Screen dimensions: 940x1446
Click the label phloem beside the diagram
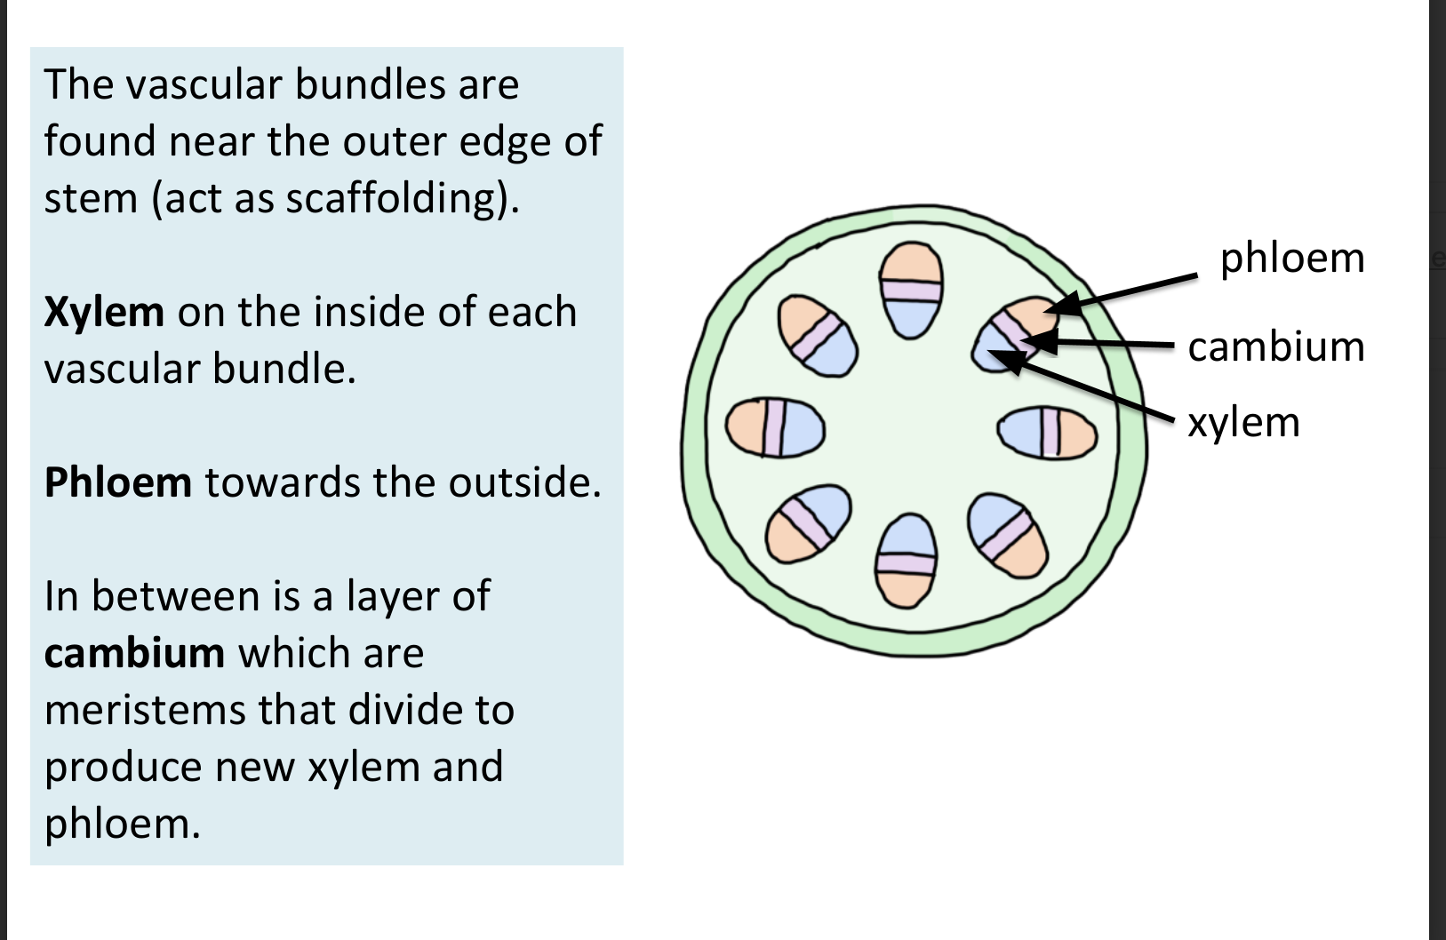1292,259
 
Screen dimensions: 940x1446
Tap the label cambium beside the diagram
1276,347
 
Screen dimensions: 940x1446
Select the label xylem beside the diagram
1243,423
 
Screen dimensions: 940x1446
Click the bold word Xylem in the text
104,312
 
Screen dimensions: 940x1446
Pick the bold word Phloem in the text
117,483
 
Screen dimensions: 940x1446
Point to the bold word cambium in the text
134,654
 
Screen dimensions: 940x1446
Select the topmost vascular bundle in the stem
911,291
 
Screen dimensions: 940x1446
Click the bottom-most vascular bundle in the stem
907,560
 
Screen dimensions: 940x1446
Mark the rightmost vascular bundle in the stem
1046,432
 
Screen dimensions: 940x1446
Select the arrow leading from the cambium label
1111,343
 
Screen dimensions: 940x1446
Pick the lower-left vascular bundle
810,523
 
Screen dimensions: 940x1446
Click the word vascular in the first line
205,85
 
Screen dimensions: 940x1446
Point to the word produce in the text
122,768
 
